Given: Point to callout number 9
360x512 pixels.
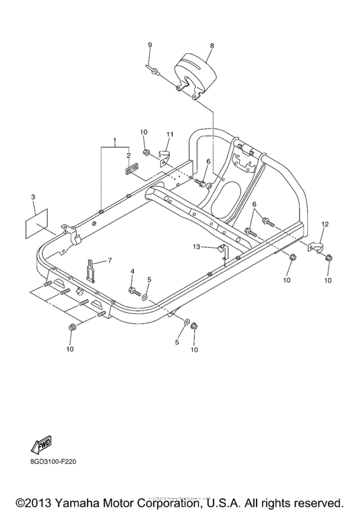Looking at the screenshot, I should pos(150,44).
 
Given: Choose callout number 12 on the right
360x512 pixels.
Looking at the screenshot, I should pos(325,224).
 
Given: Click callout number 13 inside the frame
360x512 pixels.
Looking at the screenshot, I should pos(196,247).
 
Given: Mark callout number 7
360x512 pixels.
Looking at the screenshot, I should pos(109,260).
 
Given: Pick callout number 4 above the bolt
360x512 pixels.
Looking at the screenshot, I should pos(132,272).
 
